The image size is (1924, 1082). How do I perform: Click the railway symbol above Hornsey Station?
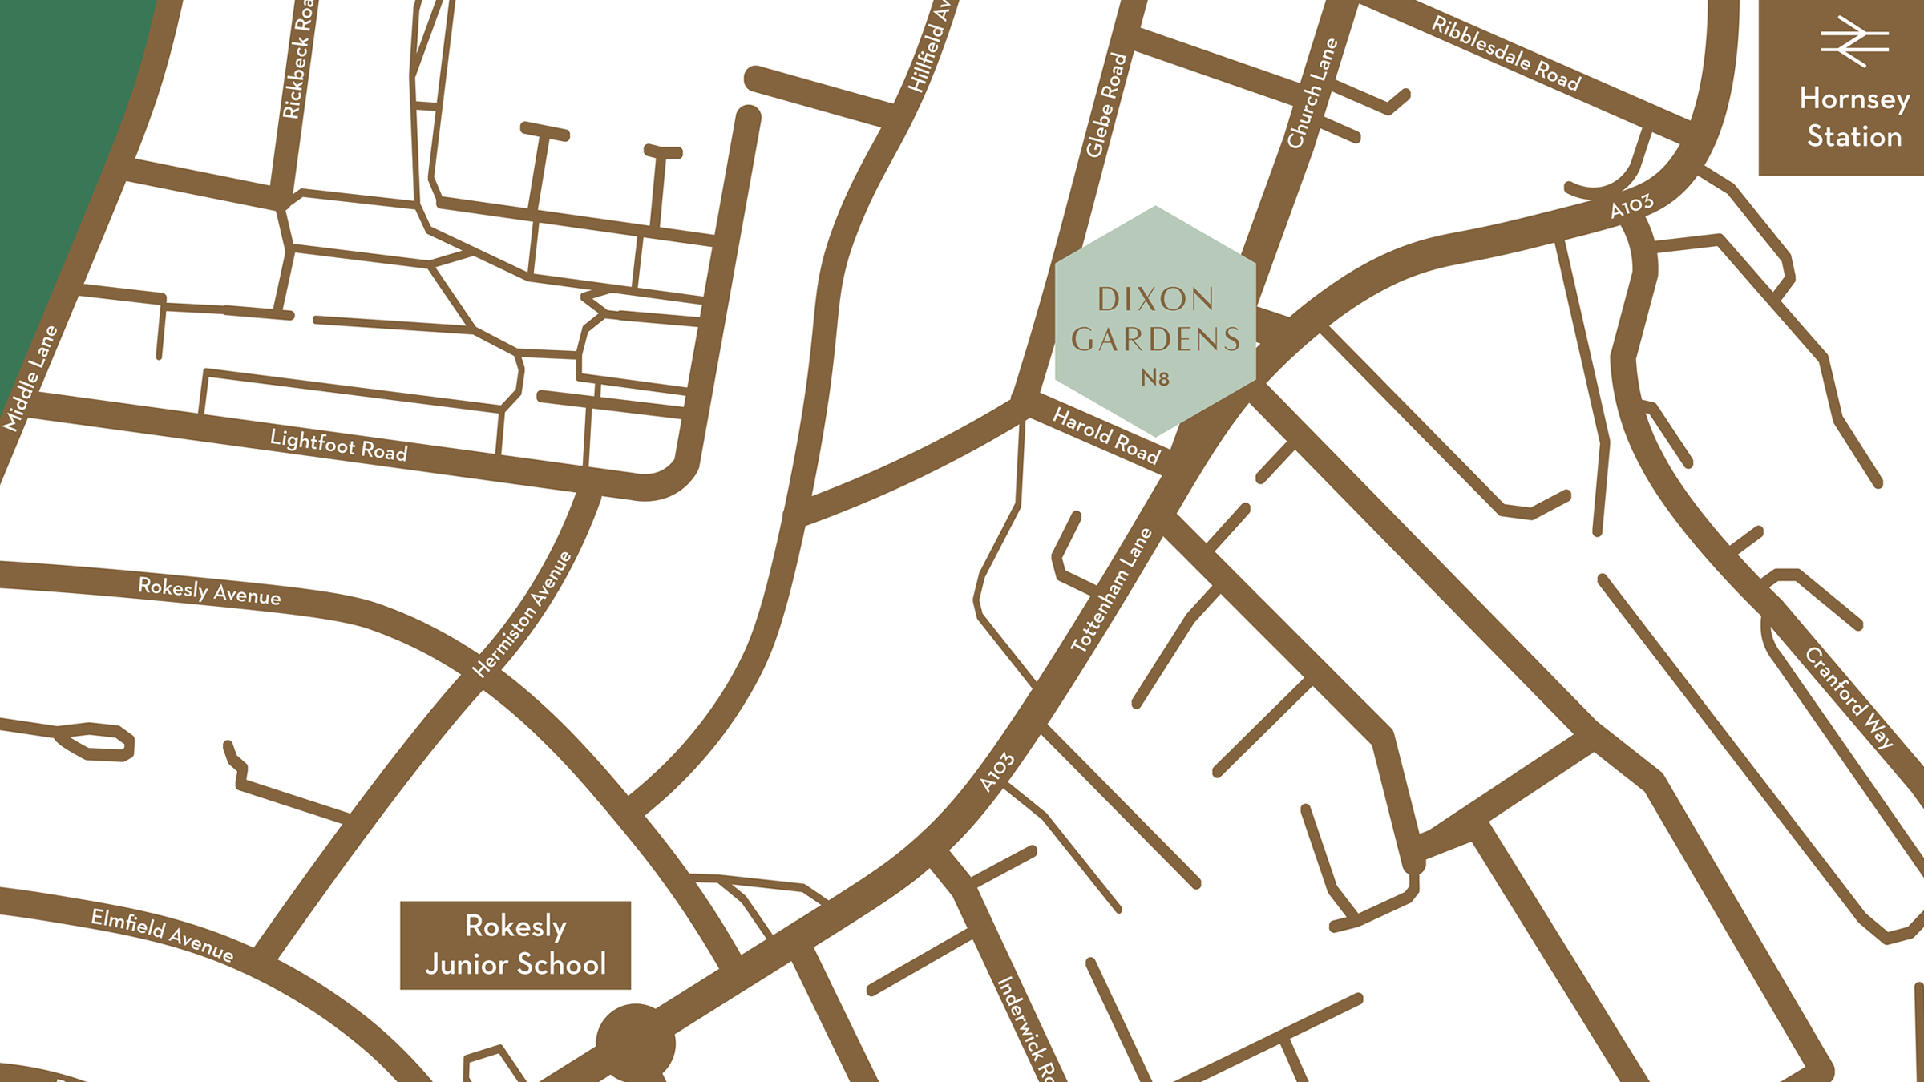(1853, 42)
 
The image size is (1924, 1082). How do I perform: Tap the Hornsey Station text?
(1853, 117)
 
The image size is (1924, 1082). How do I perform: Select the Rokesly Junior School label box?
(515, 945)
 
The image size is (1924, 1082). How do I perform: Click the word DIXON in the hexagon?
(1155, 300)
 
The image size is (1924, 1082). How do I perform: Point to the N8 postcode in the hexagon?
(1155, 377)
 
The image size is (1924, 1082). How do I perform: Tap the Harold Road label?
(1106, 436)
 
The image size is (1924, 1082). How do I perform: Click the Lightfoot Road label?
(338, 445)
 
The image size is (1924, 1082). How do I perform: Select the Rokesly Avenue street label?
(209, 591)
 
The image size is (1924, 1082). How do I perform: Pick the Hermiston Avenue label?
(523, 614)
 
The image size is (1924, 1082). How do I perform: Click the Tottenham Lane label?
(1112, 590)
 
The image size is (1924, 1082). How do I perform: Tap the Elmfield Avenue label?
(162, 935)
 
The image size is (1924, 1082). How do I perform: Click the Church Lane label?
(1312, 94)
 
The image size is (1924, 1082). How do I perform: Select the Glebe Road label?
(1106, 105)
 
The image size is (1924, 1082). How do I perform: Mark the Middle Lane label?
(30, 378)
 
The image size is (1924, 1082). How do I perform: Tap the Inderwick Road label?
(1031, 1029)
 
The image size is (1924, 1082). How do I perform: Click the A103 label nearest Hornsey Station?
(1631, 206)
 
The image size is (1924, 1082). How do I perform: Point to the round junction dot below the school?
(636, 1043)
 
